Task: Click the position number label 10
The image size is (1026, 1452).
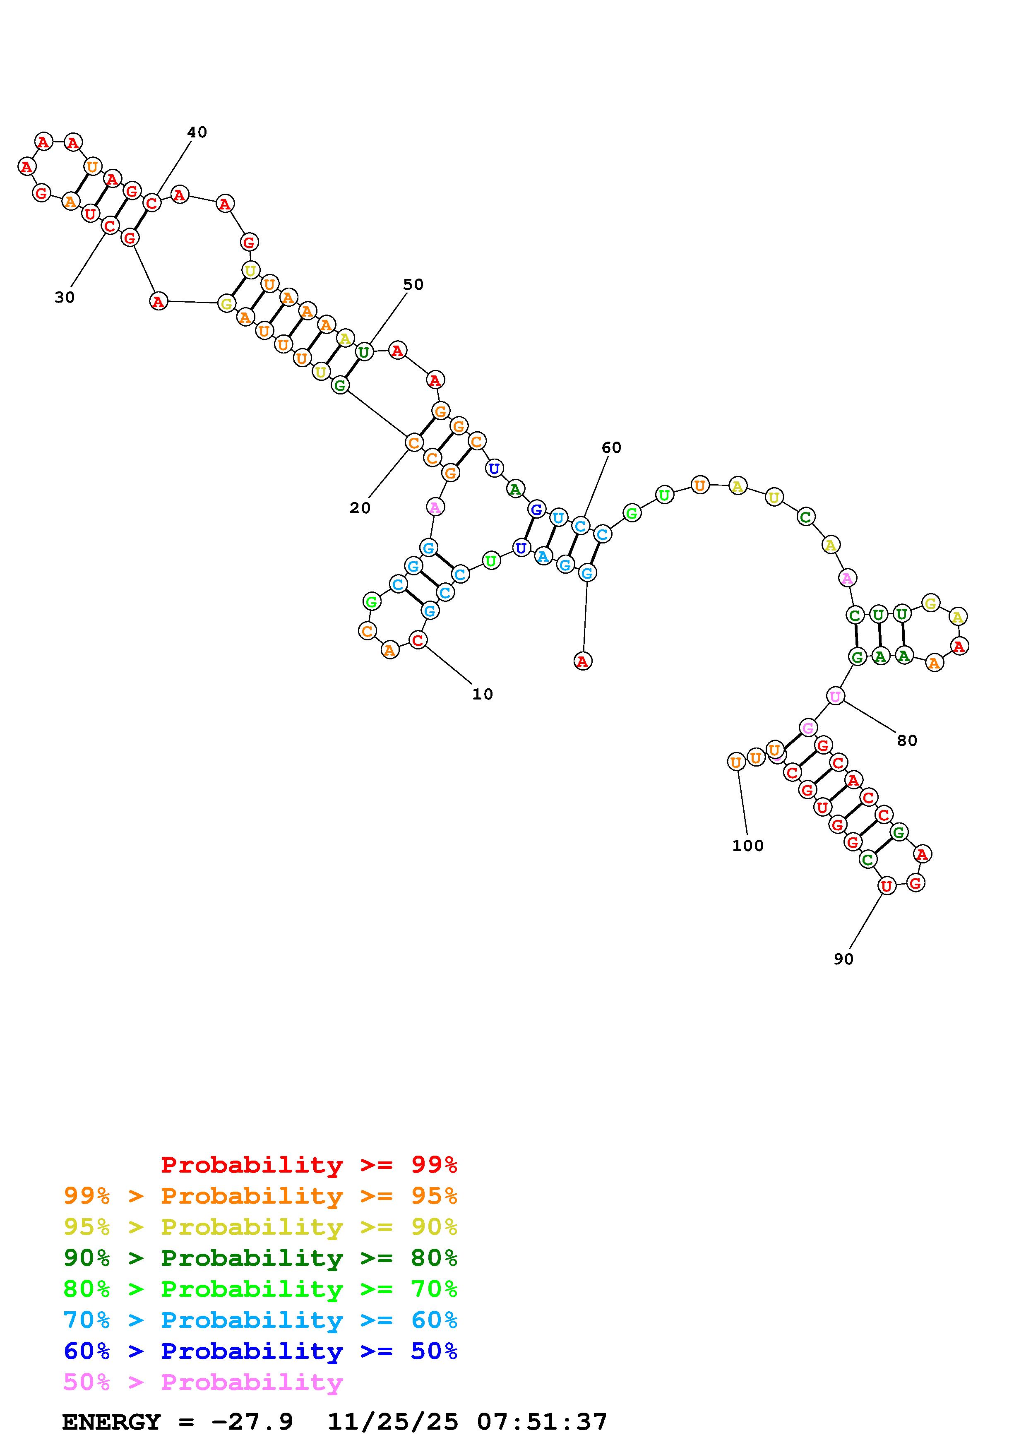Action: [x=482, y=695]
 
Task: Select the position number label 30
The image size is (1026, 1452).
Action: [x=65, y=297]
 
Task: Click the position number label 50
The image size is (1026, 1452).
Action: [x=413, y=285]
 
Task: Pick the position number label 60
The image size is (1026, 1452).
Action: [x=611, y=448]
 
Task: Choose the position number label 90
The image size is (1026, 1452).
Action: [x=843, y=959]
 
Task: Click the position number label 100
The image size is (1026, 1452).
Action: [x=748, y=846]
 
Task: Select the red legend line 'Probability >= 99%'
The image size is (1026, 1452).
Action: [x=309, y=1165]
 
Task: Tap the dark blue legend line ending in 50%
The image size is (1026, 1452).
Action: [x=260, y=1351]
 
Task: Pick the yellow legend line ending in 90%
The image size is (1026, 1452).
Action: [x=260, y=1227]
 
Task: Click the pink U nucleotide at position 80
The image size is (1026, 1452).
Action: [x=835, y=696]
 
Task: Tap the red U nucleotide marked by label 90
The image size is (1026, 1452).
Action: [x=886, y=887]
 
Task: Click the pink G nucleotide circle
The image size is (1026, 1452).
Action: [x=807, y=728]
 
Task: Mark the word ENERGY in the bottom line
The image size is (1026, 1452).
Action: [x=111, y=1422]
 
